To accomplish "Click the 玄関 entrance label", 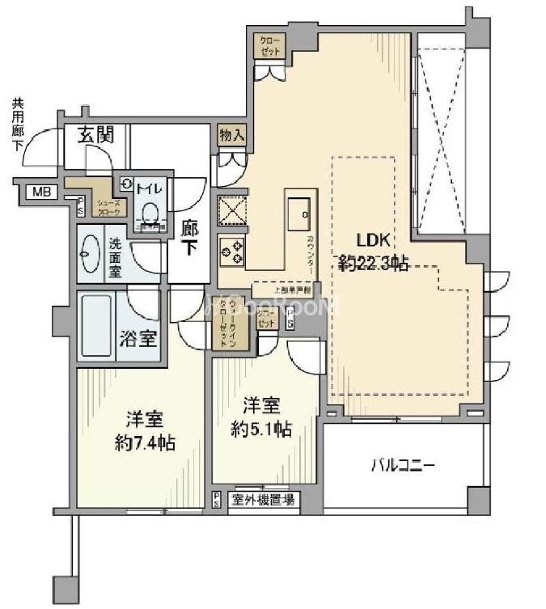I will pyautogui.click(x=95, y=136).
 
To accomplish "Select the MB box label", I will pyautogui.click(x=38, y=192).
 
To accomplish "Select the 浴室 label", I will pyautogui.click(x=138, y=338).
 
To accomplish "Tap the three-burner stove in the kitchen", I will pyautogui.click(x=231, y=250).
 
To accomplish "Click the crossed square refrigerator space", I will pyautogui.click(x=231, y=209).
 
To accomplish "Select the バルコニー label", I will pyautogui.click(x=403, y=466).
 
